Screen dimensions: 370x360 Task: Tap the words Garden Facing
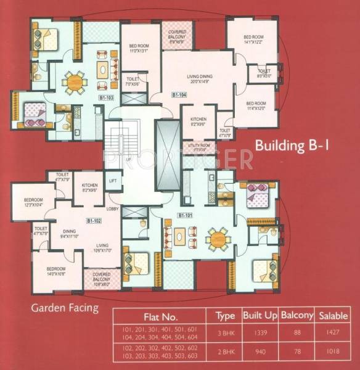point(64,308)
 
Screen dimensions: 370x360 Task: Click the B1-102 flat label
point(94,220)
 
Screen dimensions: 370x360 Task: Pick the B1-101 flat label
point(186,215)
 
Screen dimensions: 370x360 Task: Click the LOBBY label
point(112,209)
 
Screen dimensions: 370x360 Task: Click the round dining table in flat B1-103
point(75,81)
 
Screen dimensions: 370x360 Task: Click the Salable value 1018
point(333,355)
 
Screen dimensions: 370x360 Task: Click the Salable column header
point(333,316)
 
